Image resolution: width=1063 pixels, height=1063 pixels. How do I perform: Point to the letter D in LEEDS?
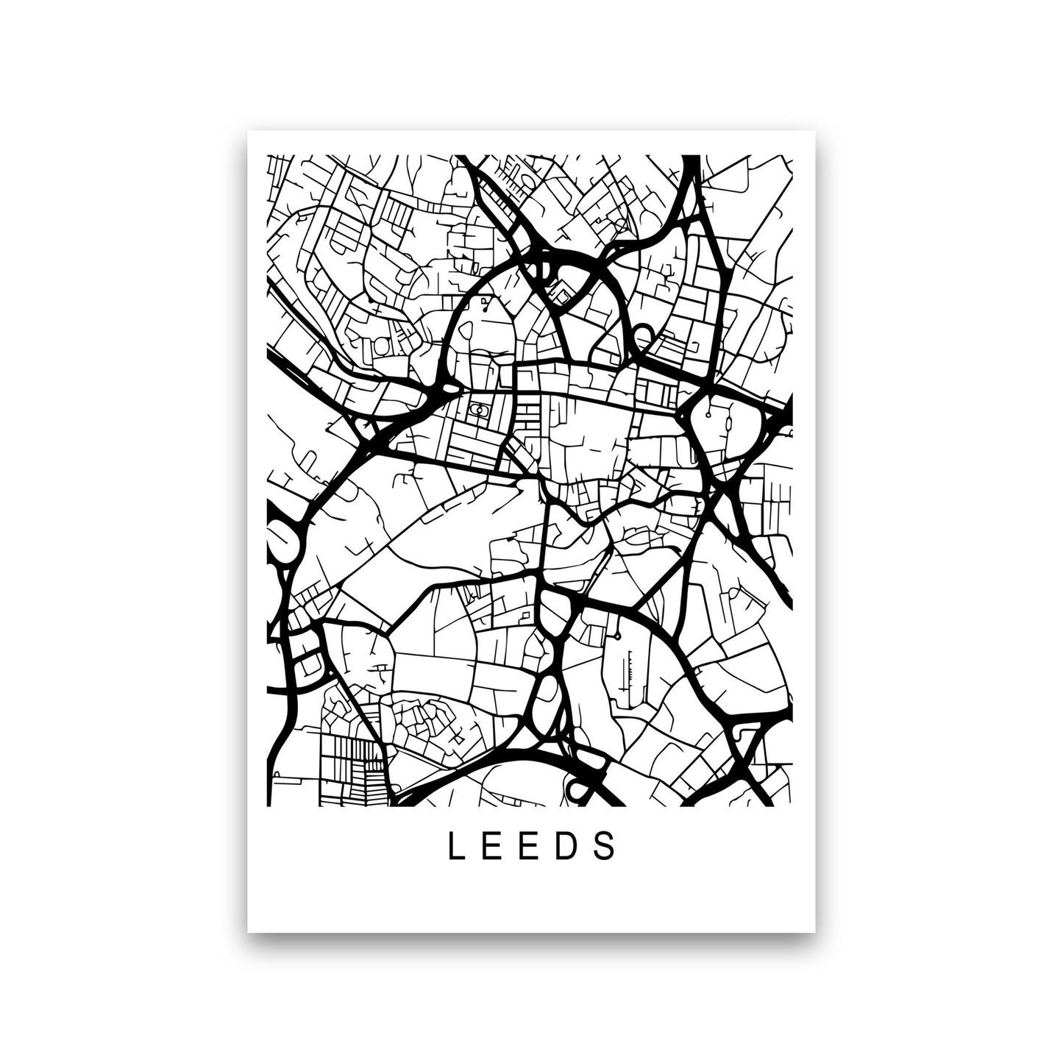point(570,847)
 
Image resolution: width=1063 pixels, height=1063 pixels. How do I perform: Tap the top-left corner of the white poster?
point(248,130)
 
